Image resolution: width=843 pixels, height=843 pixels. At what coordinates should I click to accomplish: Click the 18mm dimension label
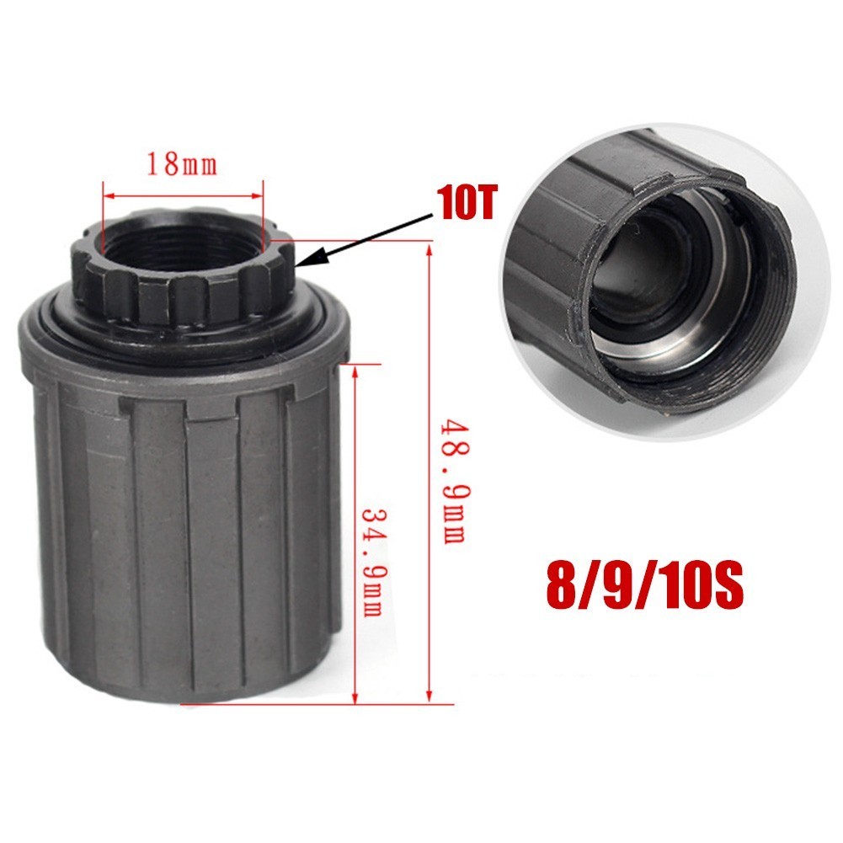(x=182, y=163)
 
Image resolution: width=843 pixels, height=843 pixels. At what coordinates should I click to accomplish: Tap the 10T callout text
(x=465, y=204)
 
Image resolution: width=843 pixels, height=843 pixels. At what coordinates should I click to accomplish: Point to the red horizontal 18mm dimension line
(x=182, y=193)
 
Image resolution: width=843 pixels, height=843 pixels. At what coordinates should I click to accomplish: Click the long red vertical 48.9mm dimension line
(x=430, y=472)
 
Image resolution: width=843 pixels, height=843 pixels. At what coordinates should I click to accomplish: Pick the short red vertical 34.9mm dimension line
(x=357, y=531)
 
